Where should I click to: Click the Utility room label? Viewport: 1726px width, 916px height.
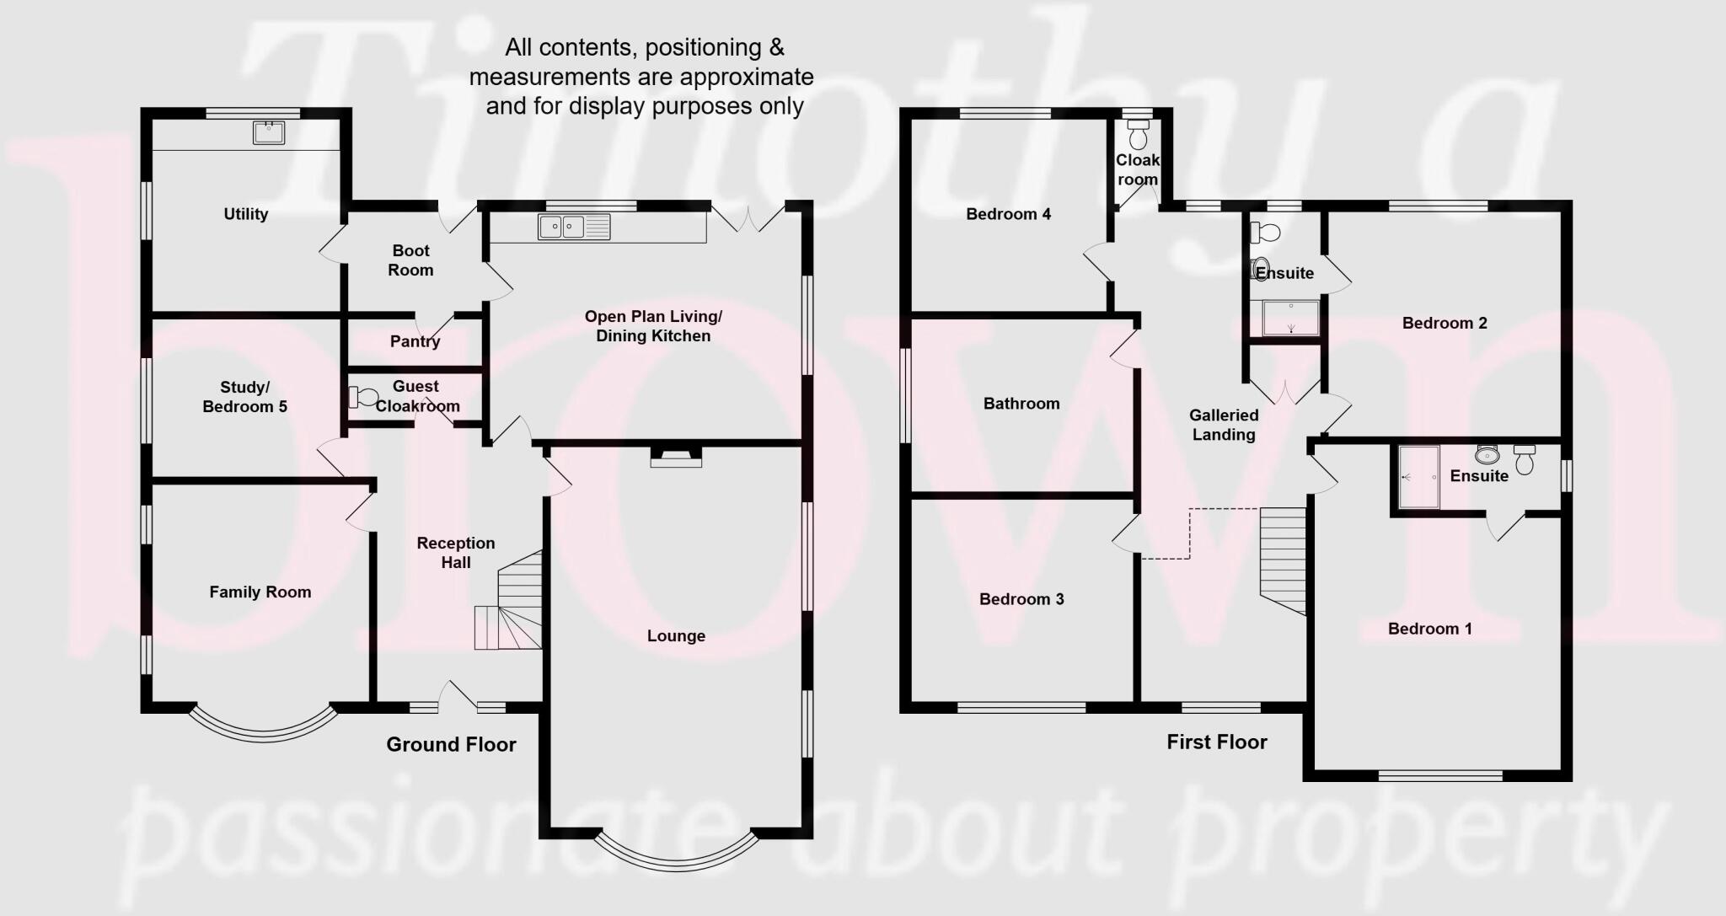pos(246,214)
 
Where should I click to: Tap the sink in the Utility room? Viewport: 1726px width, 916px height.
pos(269,132)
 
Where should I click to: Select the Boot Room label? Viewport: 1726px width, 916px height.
pos(410,260)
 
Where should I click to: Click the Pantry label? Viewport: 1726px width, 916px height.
pos(415,341)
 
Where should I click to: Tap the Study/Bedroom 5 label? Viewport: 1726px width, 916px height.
pos(244,397)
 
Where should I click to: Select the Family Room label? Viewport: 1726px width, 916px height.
pos(260,592)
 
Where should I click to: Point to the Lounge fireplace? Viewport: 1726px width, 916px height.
pos(676,457)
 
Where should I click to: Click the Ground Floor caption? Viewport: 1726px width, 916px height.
pos(451,744)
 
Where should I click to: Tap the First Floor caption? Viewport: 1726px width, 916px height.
pos(1216,742)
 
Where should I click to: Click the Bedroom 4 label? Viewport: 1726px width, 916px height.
pos(1008,214)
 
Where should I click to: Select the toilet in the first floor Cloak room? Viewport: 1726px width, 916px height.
pos(1138,134)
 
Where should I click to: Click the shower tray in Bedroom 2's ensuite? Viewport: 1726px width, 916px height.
pos(1290,318)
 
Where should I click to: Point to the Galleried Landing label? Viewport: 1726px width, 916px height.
pos(1224,425)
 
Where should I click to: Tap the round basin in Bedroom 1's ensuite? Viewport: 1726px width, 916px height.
pos(1487,456)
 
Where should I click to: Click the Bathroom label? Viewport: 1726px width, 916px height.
pos(1021,404)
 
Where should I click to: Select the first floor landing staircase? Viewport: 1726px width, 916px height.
pos(1282,557)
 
